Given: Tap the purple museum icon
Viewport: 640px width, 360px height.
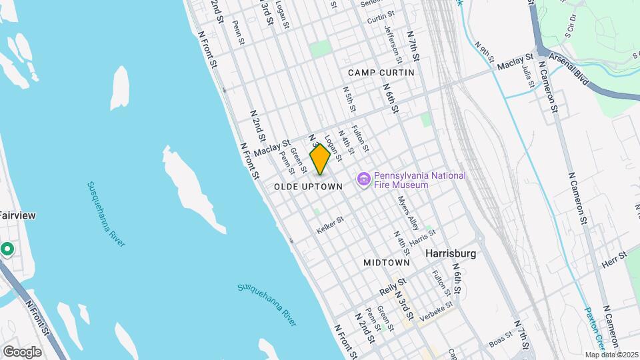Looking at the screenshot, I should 364,180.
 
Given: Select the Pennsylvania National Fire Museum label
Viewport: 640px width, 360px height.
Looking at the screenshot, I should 419,180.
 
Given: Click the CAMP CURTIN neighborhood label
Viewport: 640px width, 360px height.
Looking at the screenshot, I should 381,72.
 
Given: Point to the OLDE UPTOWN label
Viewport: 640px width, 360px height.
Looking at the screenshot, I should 308,187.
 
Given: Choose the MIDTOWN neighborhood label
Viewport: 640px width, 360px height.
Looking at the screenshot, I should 386,263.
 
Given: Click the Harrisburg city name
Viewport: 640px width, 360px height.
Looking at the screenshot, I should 451,254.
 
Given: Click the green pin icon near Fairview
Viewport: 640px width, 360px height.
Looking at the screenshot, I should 7,249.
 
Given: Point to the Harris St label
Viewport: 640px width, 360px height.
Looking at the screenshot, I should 423,235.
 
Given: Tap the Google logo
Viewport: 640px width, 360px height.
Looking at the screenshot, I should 22,351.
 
